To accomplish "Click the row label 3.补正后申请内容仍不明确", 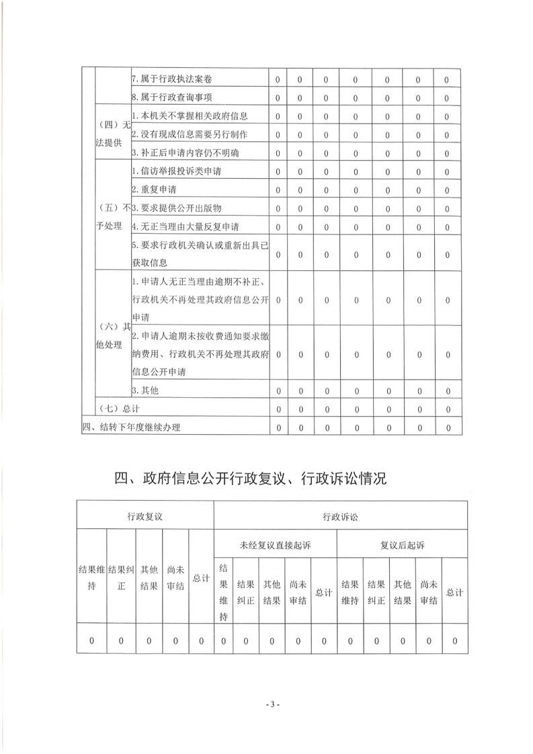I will point(185,153).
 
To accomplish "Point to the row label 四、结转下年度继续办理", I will point(131,427).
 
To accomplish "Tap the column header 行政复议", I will point(145,517).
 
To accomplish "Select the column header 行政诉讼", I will point(340,517).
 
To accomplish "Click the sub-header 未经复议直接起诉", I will point(275,544).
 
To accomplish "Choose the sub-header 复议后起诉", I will point(402,544).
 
